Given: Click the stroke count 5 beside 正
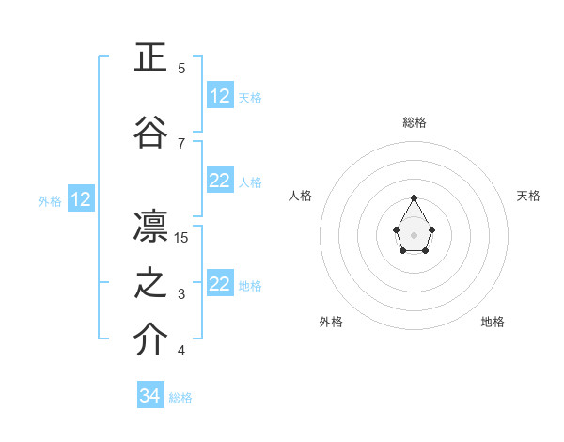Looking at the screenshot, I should click(x=181, y=68).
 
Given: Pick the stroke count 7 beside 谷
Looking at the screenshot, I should click(x=181, y=143).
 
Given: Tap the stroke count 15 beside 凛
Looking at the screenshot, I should click(x=181, y=237).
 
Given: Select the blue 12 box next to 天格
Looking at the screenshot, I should click(x=220, y=96).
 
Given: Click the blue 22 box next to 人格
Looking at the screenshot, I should click(x=220, y=181).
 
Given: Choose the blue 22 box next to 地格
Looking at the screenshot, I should click(x=220, y=284).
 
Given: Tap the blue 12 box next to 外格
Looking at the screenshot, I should click(x=81, y=199).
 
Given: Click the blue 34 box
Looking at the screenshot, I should click(x=150, y=396).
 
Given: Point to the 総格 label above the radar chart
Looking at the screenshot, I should click(x=414, y=122).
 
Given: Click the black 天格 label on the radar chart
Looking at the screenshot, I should click(x=528, y=196).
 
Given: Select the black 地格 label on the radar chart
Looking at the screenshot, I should click(x=493, y=322).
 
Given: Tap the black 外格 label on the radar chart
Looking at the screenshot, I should click(x=331, y=322).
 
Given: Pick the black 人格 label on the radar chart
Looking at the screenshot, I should click(x=300, y=196).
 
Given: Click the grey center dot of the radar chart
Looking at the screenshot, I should click(x=414, y=233).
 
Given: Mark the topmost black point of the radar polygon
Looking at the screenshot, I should click(x=414, y=197).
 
